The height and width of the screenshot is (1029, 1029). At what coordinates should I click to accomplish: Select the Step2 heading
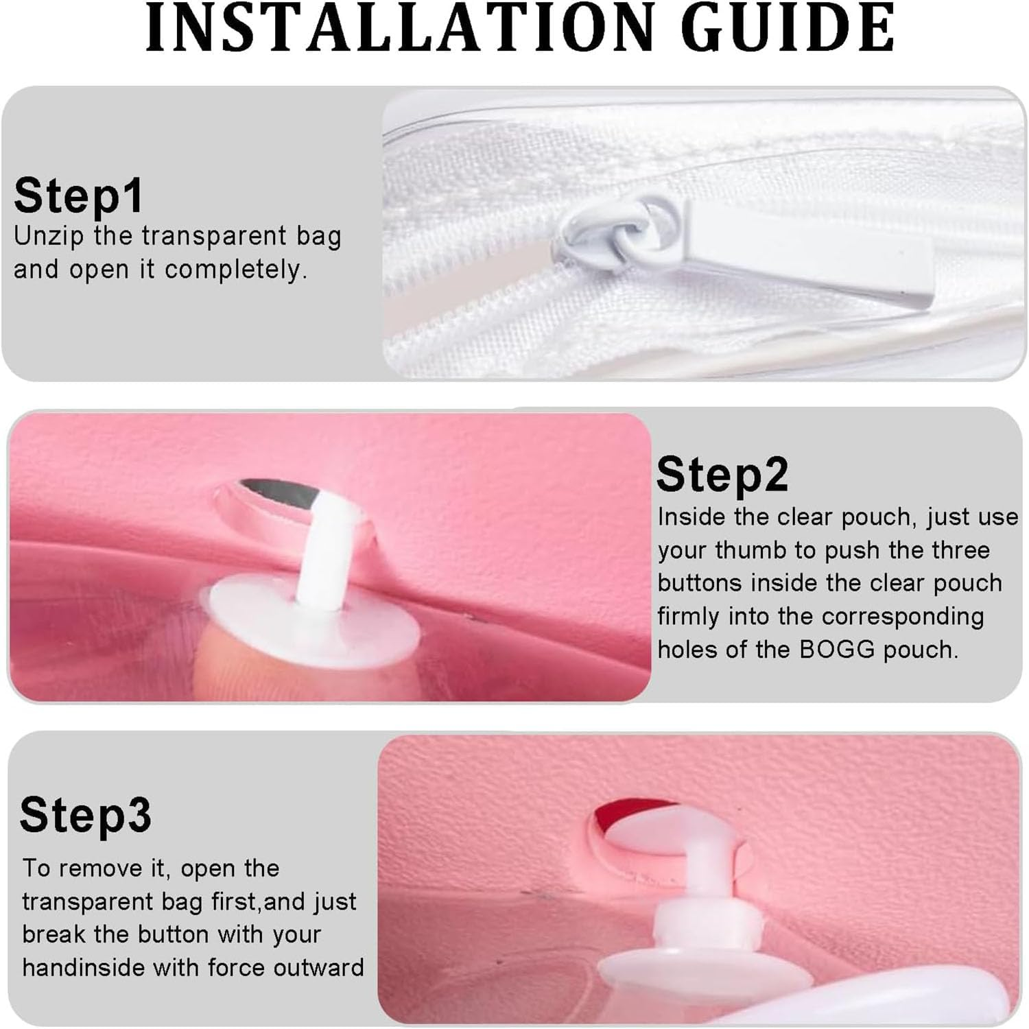(x=722, y=475)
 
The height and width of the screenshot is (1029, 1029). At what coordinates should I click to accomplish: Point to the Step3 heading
(x=86, y=815)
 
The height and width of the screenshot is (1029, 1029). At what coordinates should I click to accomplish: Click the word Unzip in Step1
(x=49, y=237)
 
